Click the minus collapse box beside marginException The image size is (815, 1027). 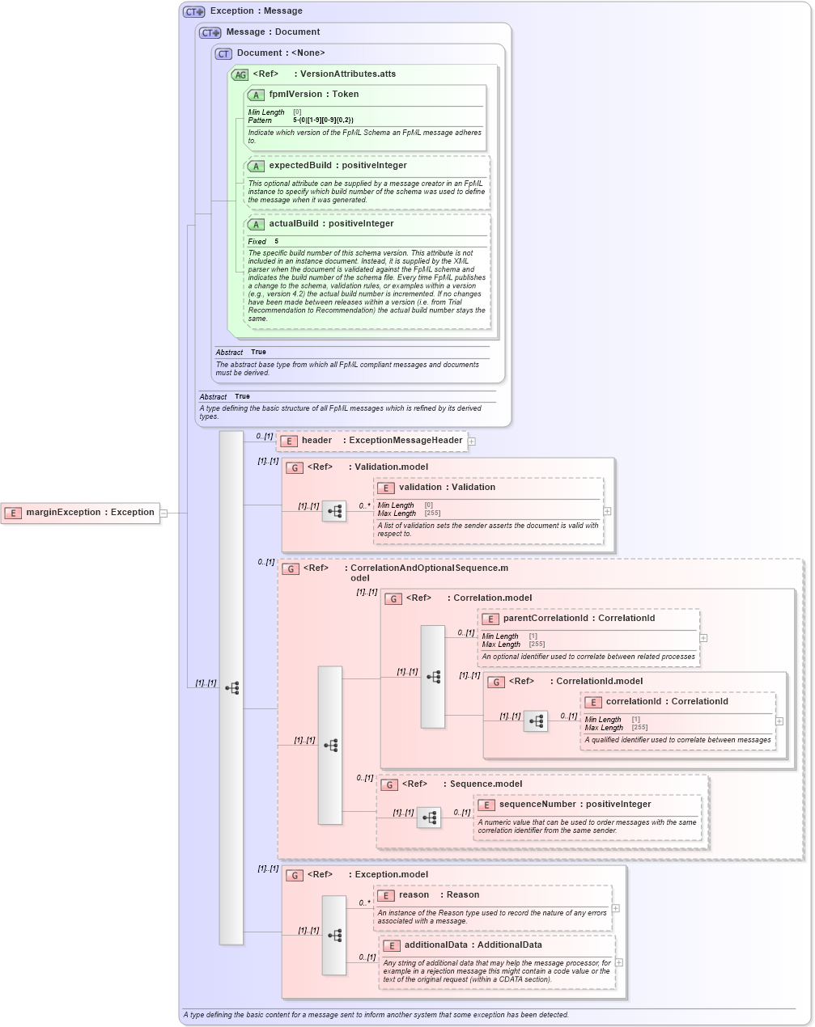pyautogui.click(x=163, y=513)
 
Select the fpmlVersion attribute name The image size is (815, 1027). pyautogui.click(x=295, y=95)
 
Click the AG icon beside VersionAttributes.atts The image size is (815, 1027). pyautogui.click(x=240, y=74)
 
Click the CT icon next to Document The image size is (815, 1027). pyautogui.click(x=223, y=53)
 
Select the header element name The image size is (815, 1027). pyautogui.click(x=316, y=441)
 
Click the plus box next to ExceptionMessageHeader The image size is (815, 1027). pyautogui.click(x=472, y=442)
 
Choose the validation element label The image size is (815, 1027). pyautogui.click(x=420, y=488)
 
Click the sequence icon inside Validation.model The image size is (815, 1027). pyautogui.click(x=334, y=511)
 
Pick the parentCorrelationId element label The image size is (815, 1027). pyautogui.click(x=545, y=619)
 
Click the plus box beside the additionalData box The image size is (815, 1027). pyautogui.click(x=619, y=962)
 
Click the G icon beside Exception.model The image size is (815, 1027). pyautogui.click(x=295, y=875)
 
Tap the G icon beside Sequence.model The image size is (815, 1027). pyautogui.click(x=389, y=784)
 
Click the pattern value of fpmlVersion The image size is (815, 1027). pyautogui.click(x=323, y=120)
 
